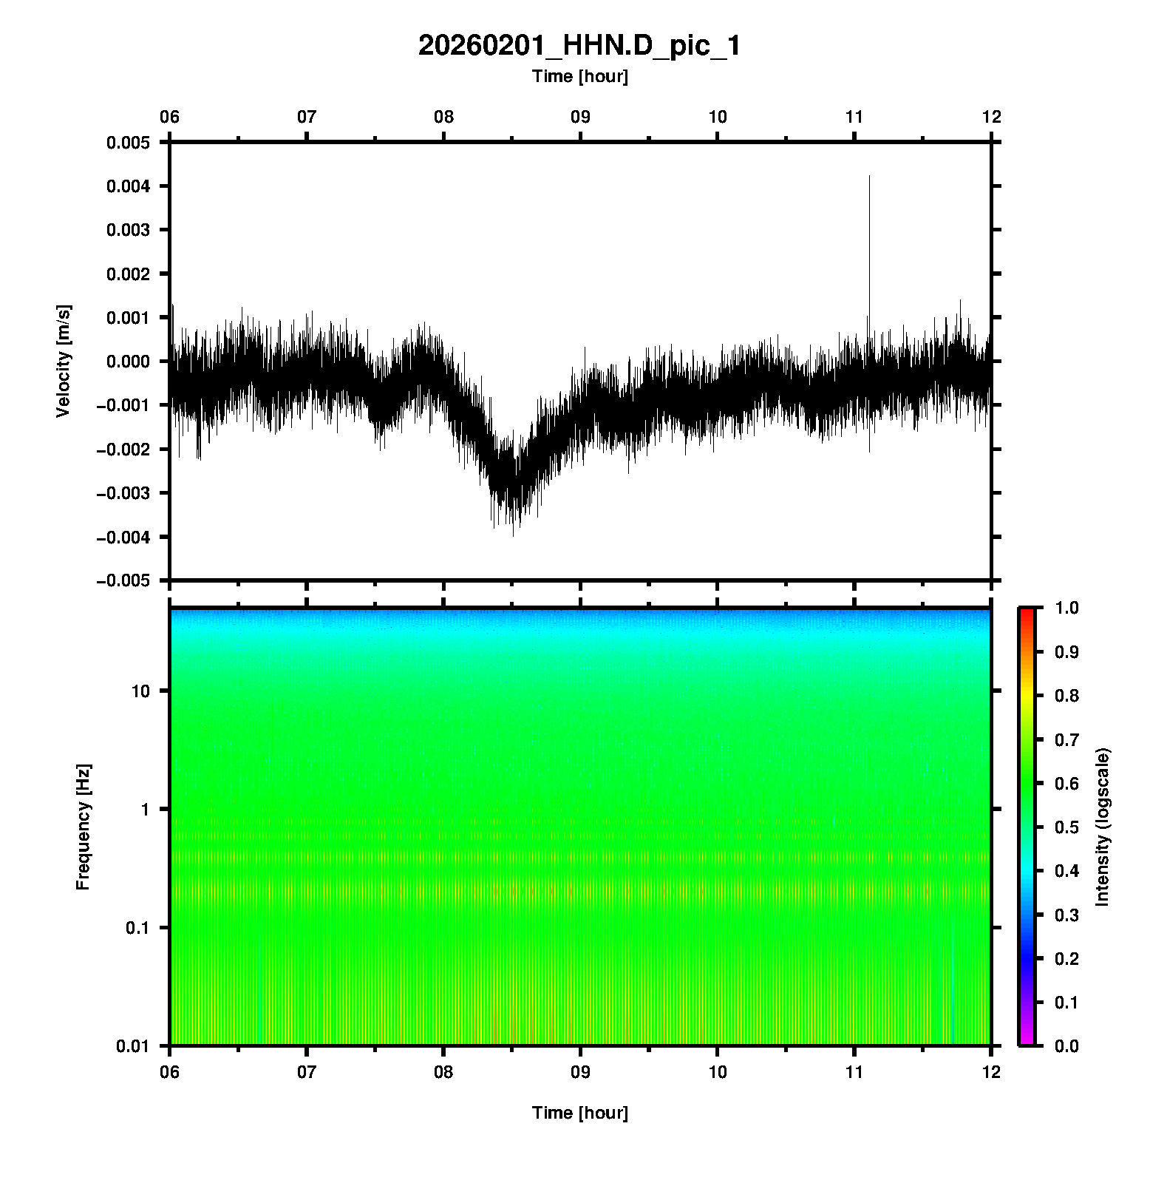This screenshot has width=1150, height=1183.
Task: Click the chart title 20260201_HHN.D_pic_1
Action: (579, 46)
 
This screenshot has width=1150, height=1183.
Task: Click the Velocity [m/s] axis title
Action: (64, 361)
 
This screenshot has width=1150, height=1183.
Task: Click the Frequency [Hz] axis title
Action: (83, 827)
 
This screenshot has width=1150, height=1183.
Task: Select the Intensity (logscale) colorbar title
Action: (1103, 827)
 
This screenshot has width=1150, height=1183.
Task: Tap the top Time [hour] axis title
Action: (579, 76)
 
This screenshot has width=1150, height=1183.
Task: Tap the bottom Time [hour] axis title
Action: (579, 1113)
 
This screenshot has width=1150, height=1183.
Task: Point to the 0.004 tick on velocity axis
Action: (128, 186)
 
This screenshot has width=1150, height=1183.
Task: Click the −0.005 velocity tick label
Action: (123, 581)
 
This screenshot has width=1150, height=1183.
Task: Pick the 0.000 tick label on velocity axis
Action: (128, 362)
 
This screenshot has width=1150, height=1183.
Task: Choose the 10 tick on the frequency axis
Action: (140, 691)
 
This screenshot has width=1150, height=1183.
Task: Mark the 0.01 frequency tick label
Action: (133, 1046)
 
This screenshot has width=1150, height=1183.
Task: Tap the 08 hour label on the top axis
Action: (443, 117)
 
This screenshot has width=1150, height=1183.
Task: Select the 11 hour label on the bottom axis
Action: (854, 1071)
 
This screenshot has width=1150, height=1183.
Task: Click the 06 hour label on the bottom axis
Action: (170, 1071)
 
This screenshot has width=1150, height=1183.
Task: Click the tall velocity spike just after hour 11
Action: (869, 177)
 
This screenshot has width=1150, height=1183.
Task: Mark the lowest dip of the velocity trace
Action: (513, 534)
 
